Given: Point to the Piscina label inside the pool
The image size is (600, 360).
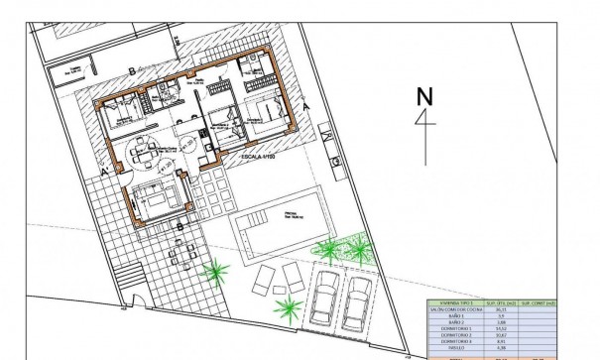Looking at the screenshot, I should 293,211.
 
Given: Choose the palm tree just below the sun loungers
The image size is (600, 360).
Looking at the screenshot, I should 290,307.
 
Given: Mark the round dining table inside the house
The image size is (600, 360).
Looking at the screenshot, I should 146,154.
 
